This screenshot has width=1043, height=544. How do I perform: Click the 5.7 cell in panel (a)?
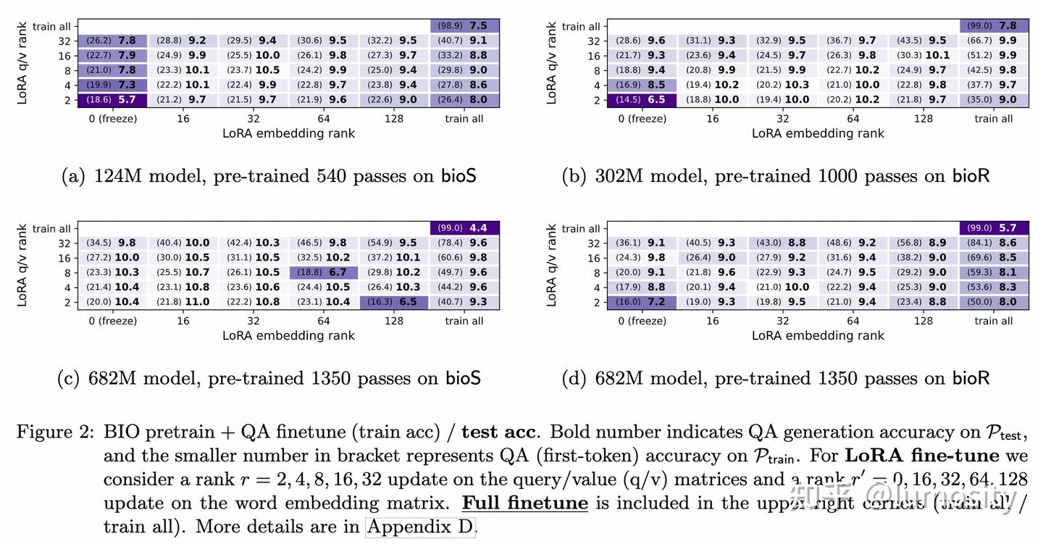coord(112,100)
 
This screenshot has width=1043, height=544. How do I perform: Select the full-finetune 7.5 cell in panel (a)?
coord(464,26)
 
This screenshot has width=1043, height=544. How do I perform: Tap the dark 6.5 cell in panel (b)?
coord(641,100)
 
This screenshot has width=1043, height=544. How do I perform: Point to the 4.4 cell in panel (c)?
coord(464,228)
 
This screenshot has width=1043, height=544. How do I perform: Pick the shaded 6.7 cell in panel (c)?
coord(323,272)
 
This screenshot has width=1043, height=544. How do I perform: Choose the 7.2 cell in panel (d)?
coord(641,302)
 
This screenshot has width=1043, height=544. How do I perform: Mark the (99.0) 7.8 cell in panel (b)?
coord(993,26)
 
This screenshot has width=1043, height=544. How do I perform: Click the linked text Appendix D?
coord(421,526)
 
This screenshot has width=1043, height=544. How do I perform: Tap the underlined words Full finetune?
coord(524,503)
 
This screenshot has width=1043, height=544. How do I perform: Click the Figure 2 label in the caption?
coord(55,433)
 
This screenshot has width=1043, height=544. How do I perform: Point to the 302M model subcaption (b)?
coord(776,176)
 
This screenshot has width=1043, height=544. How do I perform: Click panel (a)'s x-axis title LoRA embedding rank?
coord(288,133)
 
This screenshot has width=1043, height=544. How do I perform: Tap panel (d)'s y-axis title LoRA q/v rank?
coord(551,265)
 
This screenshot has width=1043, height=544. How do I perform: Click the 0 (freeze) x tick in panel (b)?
coord(642,119)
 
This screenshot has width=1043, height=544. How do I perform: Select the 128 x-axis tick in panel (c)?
coord(393,321)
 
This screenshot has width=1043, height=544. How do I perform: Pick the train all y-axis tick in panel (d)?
coord(580,229)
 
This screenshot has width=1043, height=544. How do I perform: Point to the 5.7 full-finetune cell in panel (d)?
coord(993,228)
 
